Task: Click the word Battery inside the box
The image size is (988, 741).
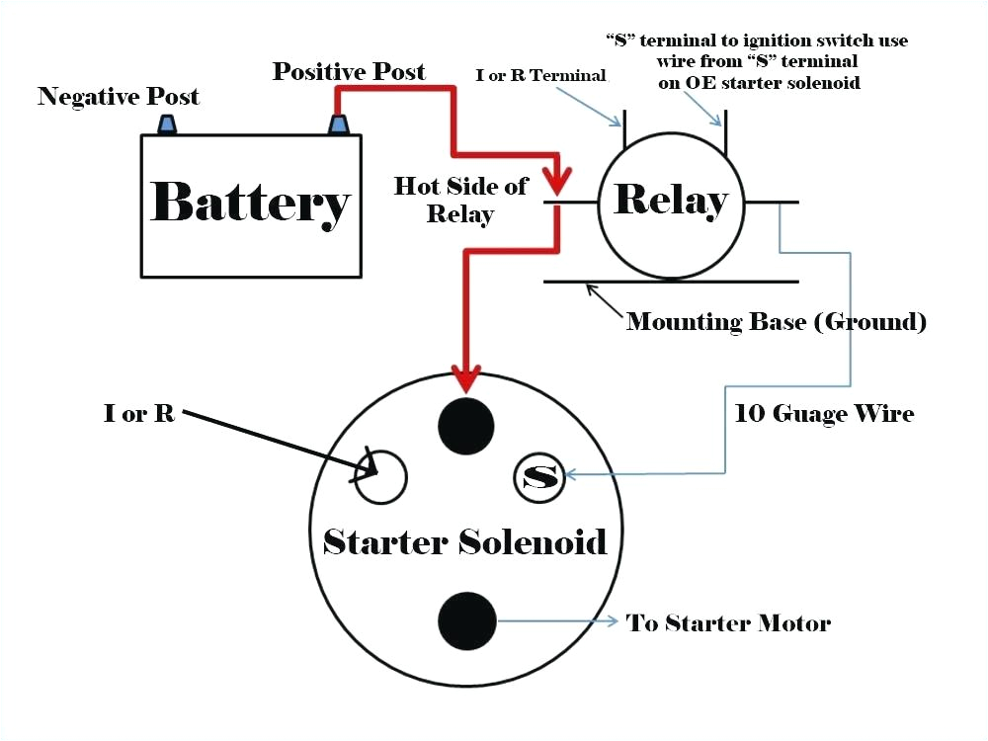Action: tap(250, 204)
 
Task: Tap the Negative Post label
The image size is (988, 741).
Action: tap(119, 97)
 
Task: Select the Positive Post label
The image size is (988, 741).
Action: tap(349, 71)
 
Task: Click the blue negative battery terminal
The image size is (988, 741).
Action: tap(167, 124)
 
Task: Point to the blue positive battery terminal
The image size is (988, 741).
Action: tap(339, 124)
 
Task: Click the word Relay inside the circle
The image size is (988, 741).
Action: tap(671, 201)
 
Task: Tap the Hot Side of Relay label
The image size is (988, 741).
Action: tap(460, 200)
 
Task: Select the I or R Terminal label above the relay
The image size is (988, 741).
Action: tap(541, 75)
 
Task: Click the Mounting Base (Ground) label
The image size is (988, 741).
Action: tap(777, 321)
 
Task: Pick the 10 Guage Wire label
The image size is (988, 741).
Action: tap(824, 413)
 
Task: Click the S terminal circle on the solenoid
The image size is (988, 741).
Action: tap(538, 477)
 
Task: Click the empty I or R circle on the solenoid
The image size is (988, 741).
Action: tap(381, 476)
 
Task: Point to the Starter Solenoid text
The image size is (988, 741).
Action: tap(465, 541)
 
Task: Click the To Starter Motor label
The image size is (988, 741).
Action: tap(728, 622)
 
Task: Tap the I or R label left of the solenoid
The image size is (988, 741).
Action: tap(139, 413)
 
